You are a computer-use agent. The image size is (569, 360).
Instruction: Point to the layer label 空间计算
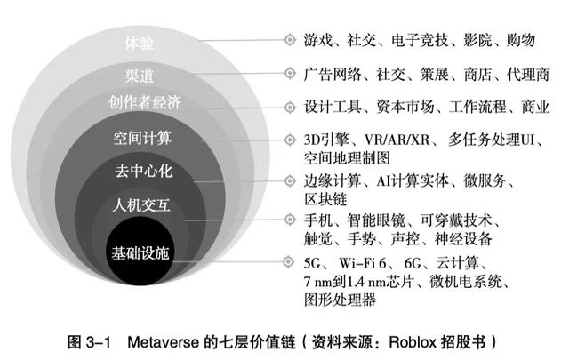142,140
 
